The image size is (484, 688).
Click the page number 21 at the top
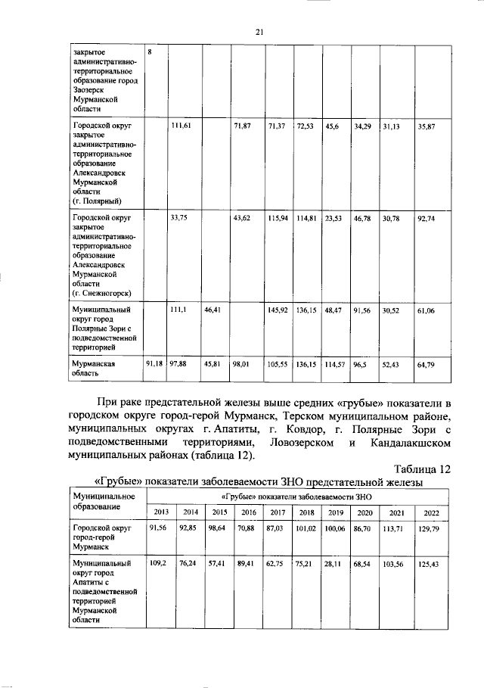tap(258, 31)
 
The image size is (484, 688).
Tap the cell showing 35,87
tap(427, 126)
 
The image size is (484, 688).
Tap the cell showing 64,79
tap(427, 365)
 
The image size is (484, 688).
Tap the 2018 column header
tap(307, 512)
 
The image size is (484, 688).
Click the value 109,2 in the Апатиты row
tap(157, 564)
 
